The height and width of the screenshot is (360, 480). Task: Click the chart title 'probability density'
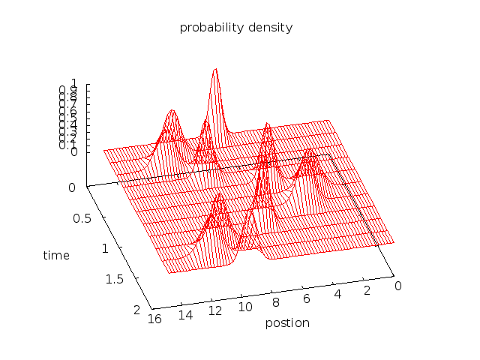(x=235, y=28)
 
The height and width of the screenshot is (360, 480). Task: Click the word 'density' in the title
(x=272, y=28)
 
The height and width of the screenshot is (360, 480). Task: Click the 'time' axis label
(x=56, y=255)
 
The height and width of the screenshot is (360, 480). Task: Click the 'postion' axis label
(x=287, y=323)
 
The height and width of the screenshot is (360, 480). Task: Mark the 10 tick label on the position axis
(x=246, y=307)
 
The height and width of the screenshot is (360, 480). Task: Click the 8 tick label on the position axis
(x=277, y=302)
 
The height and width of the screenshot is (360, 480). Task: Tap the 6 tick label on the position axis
(x=307, y=298)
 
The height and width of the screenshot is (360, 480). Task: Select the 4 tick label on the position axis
(x=337, y=294)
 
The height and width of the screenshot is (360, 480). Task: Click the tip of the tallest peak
(x=215, y=69)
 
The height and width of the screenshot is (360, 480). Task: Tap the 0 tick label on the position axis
(x=397, y=286)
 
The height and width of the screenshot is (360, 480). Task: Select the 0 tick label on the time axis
(x=72, y=187)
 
